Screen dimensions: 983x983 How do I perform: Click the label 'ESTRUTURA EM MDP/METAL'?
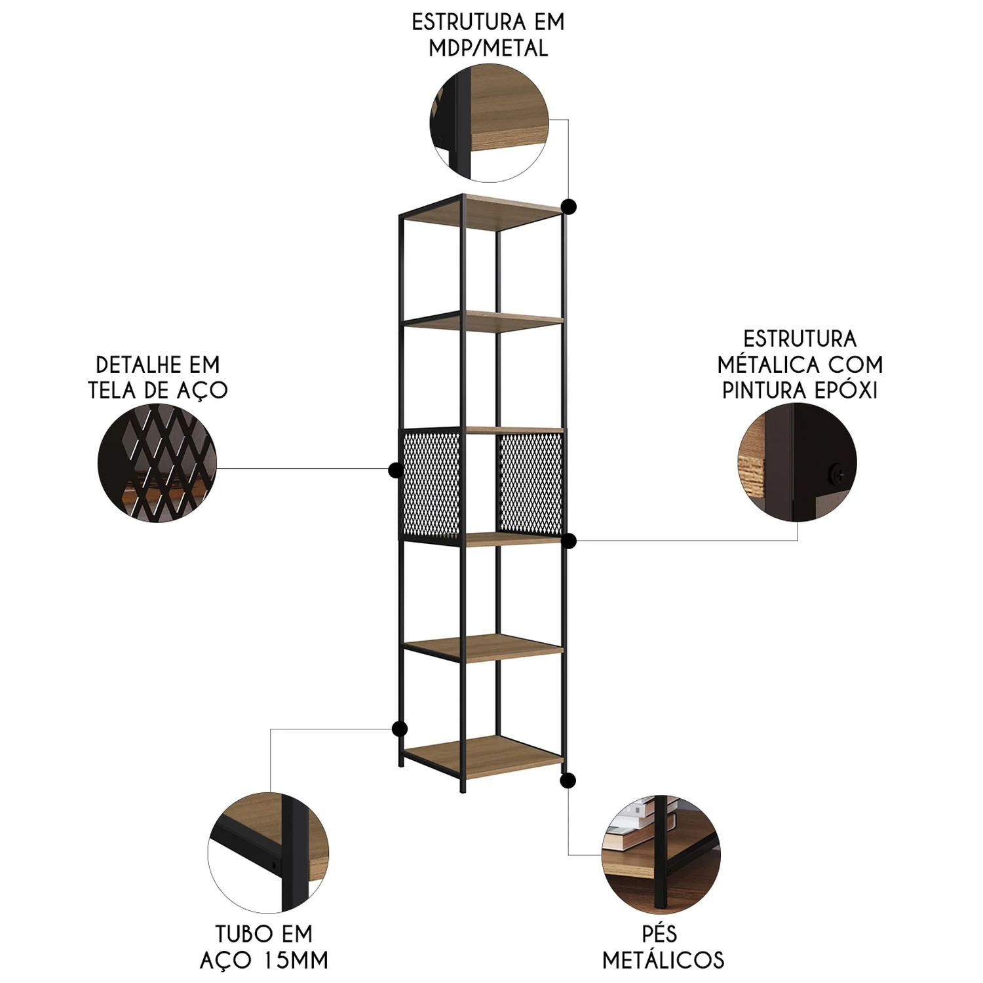coord(488,35)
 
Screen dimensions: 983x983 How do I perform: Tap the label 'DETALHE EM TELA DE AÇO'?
coord(158,377)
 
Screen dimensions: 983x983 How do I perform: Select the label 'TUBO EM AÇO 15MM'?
coord(263,947)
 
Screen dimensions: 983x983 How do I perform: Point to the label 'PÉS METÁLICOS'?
coord(663,947)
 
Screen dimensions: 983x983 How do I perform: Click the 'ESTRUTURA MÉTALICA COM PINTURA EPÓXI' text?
coord(800,364)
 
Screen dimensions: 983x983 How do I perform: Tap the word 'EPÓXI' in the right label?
coord(847,390)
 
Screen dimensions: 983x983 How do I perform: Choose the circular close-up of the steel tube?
coord(268,853)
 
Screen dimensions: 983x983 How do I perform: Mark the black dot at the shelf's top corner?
coord(569,207)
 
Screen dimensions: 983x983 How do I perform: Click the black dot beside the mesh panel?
coord(395,469)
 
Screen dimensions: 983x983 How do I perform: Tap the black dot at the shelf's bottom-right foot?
coord(568,781)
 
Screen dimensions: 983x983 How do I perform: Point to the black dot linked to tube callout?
coord(399,729)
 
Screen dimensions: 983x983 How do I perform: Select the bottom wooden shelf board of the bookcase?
coord(484,753)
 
